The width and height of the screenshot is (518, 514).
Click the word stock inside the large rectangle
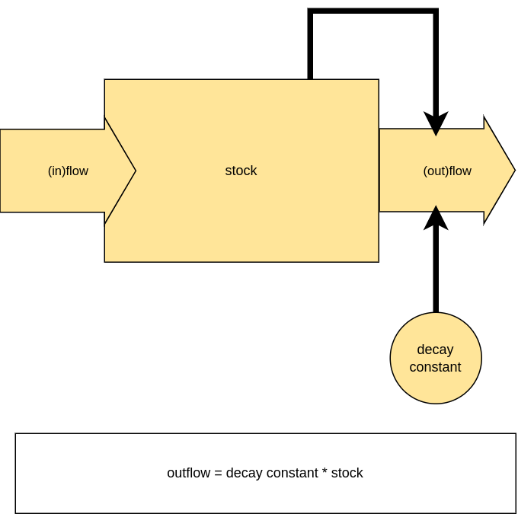pyautogui.click(x=241, y=171)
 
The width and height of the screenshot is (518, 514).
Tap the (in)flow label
pyautogui.click(x=68, y=171)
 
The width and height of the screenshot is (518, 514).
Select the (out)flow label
pyautogui.click(x=447, y=171)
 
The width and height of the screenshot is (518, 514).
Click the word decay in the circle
pyautogui.click(x=435, y=350)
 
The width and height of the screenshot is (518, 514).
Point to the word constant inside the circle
pyautogui.click(x=435, y=367)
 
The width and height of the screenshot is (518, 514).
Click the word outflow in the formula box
pyautogui.click(x=189, y=473)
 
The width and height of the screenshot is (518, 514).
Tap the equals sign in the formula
pyautogui.click(x=218, y=474)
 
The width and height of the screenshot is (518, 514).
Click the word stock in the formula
pyautogui.click(x=347, y=473)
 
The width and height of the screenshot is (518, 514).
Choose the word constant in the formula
pyautogui.click(x=293, y=473)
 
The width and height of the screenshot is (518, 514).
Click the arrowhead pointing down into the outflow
pyautogui.click(x=436, y=123)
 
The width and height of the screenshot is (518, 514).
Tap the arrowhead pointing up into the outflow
pyautogui.click(x=436, y=218)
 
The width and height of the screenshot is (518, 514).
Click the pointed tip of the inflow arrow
pyautogui.click(x=136, y=171)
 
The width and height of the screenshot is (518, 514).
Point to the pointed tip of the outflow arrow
pyautogui.click(x=515, y=171)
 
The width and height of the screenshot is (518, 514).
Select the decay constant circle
pyautogui.click(x=436, y=358)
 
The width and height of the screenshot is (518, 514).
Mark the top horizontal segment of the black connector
pyautogui.click(x=373, y=11)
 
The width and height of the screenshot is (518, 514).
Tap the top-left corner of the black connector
pyautogui.click(x=310, y=11)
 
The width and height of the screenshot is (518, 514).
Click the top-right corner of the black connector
pyautogui.click(x=436, y=11)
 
